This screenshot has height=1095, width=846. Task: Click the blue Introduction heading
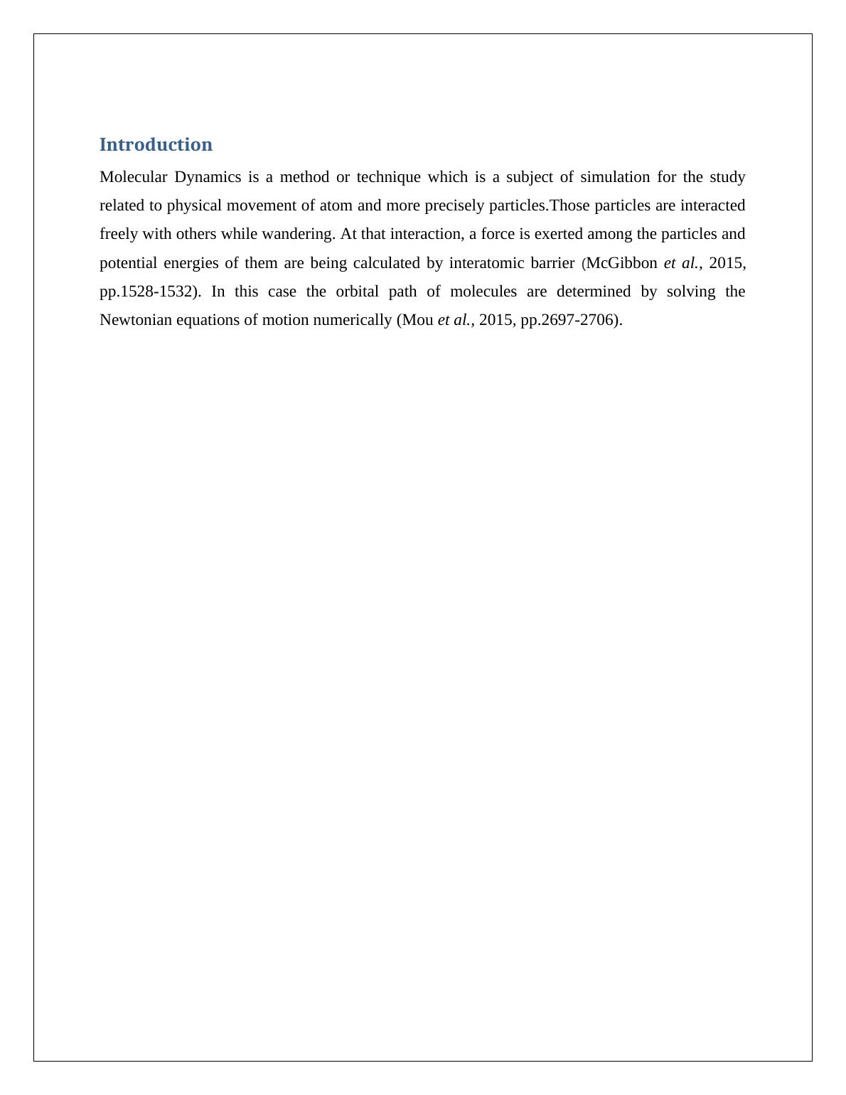click(156, 144)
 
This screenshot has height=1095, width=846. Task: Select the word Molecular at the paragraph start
click(133, 177)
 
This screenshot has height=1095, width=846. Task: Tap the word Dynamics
click(208, 177)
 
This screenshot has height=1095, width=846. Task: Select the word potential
click(128, 263)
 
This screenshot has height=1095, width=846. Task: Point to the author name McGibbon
click(621, 263)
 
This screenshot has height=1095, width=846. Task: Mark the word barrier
click(552, 263)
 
